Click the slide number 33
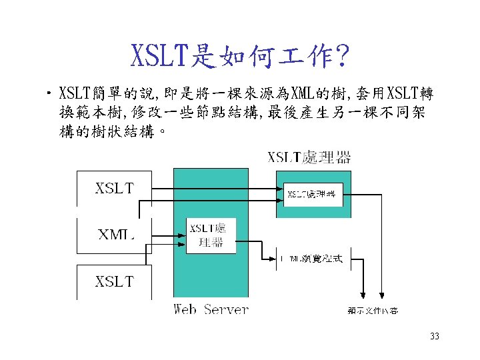435,336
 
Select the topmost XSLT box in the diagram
114,188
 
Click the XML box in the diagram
114,234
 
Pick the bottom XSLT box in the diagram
114,281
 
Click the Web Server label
211,309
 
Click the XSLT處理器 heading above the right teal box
309,158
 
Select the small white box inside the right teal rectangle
313,194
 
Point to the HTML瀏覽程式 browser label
311,258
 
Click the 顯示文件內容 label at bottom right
373,311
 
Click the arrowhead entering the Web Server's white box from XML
182,234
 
